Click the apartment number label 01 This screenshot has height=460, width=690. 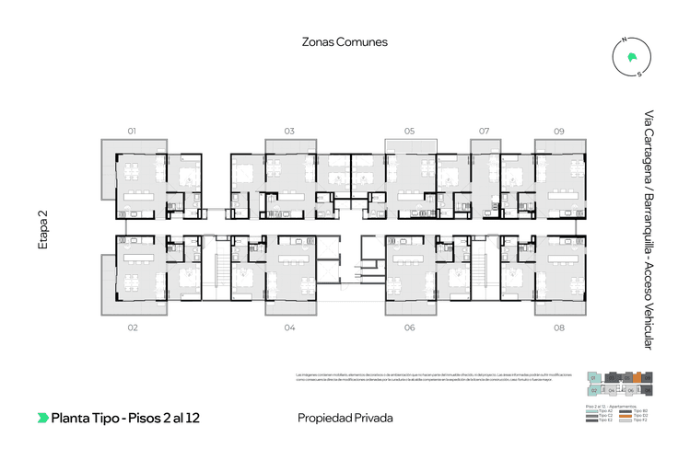(x=132, y=132)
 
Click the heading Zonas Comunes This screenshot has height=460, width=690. (x=345, y=41)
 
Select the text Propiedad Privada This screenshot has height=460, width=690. (x=345, y=418)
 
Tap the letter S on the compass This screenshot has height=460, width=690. (x=639, y=75)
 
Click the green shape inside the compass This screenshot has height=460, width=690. (x=631, y=57)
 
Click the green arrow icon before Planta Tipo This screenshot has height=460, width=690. (x=42, y=418)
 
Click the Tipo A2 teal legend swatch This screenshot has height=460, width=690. (x=591, y=410)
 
